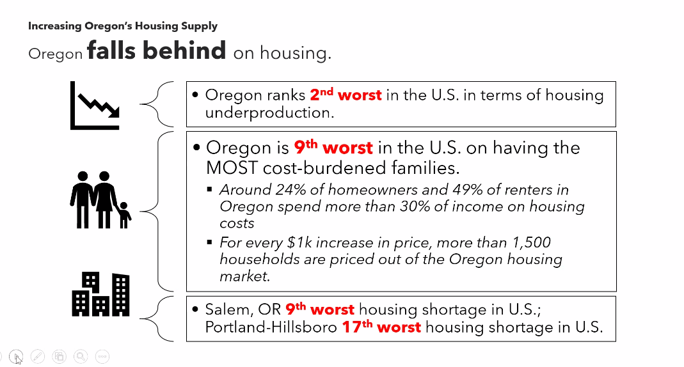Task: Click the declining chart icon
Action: click(95, 105)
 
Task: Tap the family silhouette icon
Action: click(100, 199)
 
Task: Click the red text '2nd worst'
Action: click(346, 95)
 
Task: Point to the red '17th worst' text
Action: click(381, 327)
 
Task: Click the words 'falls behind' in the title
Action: click(157, 51)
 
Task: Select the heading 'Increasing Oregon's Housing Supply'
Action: click(123, 26)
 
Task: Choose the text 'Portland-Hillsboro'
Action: click(268, 327)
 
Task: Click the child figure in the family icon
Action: click(124, 215)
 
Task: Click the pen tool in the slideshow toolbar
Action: click(38, 357)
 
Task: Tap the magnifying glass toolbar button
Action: click(81, 357)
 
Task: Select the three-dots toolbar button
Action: click(102, 357)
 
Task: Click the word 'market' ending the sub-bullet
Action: click(243, 276)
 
